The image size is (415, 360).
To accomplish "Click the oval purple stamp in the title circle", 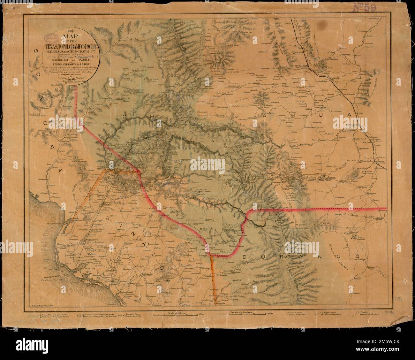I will click(x=49, y=37).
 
